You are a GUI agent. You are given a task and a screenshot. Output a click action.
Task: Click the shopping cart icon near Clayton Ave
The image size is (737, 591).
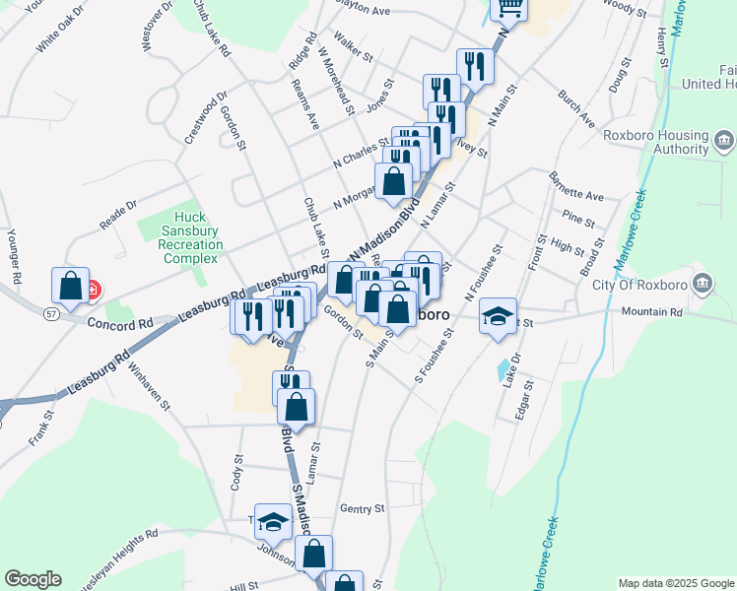(509, 8)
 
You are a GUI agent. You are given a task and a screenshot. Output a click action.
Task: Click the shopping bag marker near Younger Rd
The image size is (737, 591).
(71, 286)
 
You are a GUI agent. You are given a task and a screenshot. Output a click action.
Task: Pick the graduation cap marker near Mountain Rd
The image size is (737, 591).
(498, 316)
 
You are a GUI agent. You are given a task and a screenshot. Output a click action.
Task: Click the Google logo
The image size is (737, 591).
(33, 579)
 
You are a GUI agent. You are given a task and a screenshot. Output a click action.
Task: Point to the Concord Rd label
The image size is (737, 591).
(121, 323)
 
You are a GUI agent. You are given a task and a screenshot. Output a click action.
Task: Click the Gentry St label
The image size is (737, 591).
(361, 508)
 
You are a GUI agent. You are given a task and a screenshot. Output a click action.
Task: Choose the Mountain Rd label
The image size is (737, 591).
(651, 312)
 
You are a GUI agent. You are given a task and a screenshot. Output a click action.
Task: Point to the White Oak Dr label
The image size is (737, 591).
(59, 32)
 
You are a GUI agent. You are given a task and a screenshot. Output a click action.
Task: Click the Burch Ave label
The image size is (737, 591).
(576, 108)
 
